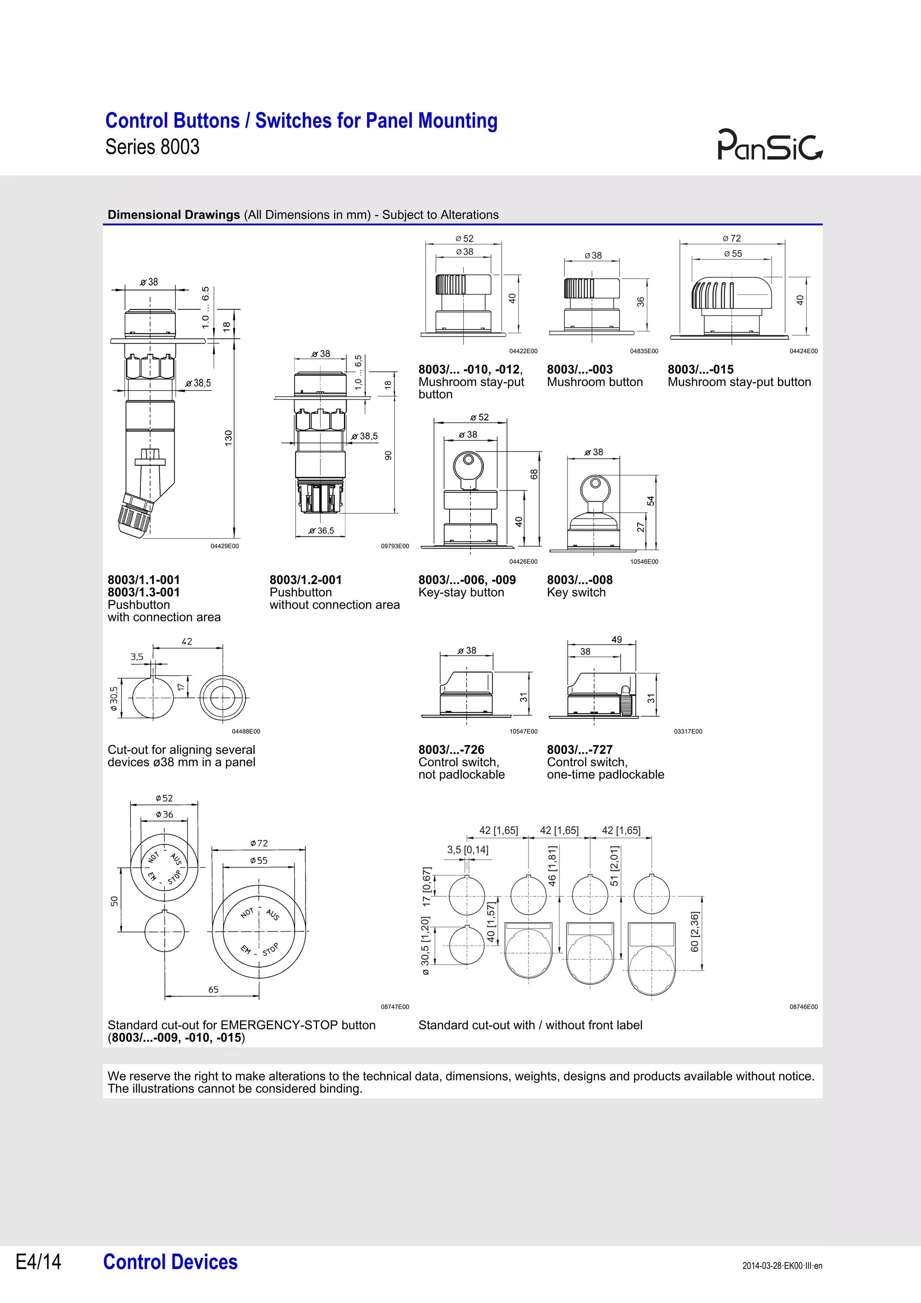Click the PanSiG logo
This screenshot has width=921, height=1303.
769,145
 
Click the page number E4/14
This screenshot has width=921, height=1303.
38,1262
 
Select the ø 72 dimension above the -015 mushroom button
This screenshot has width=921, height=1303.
732,238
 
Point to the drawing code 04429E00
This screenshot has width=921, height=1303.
225,546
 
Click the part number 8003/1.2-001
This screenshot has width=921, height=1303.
305,580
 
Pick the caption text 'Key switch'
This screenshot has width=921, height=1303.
576,593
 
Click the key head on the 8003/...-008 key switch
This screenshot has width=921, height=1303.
594,486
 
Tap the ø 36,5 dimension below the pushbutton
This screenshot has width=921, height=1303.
321,531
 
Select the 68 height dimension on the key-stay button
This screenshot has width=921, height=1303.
533,474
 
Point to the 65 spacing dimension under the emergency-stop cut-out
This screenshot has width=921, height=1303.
213,989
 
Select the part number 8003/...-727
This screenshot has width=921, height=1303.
579,749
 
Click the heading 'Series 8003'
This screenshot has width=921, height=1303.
152,147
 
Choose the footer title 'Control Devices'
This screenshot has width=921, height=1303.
170,1262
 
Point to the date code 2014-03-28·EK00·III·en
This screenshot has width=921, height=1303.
782,1266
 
